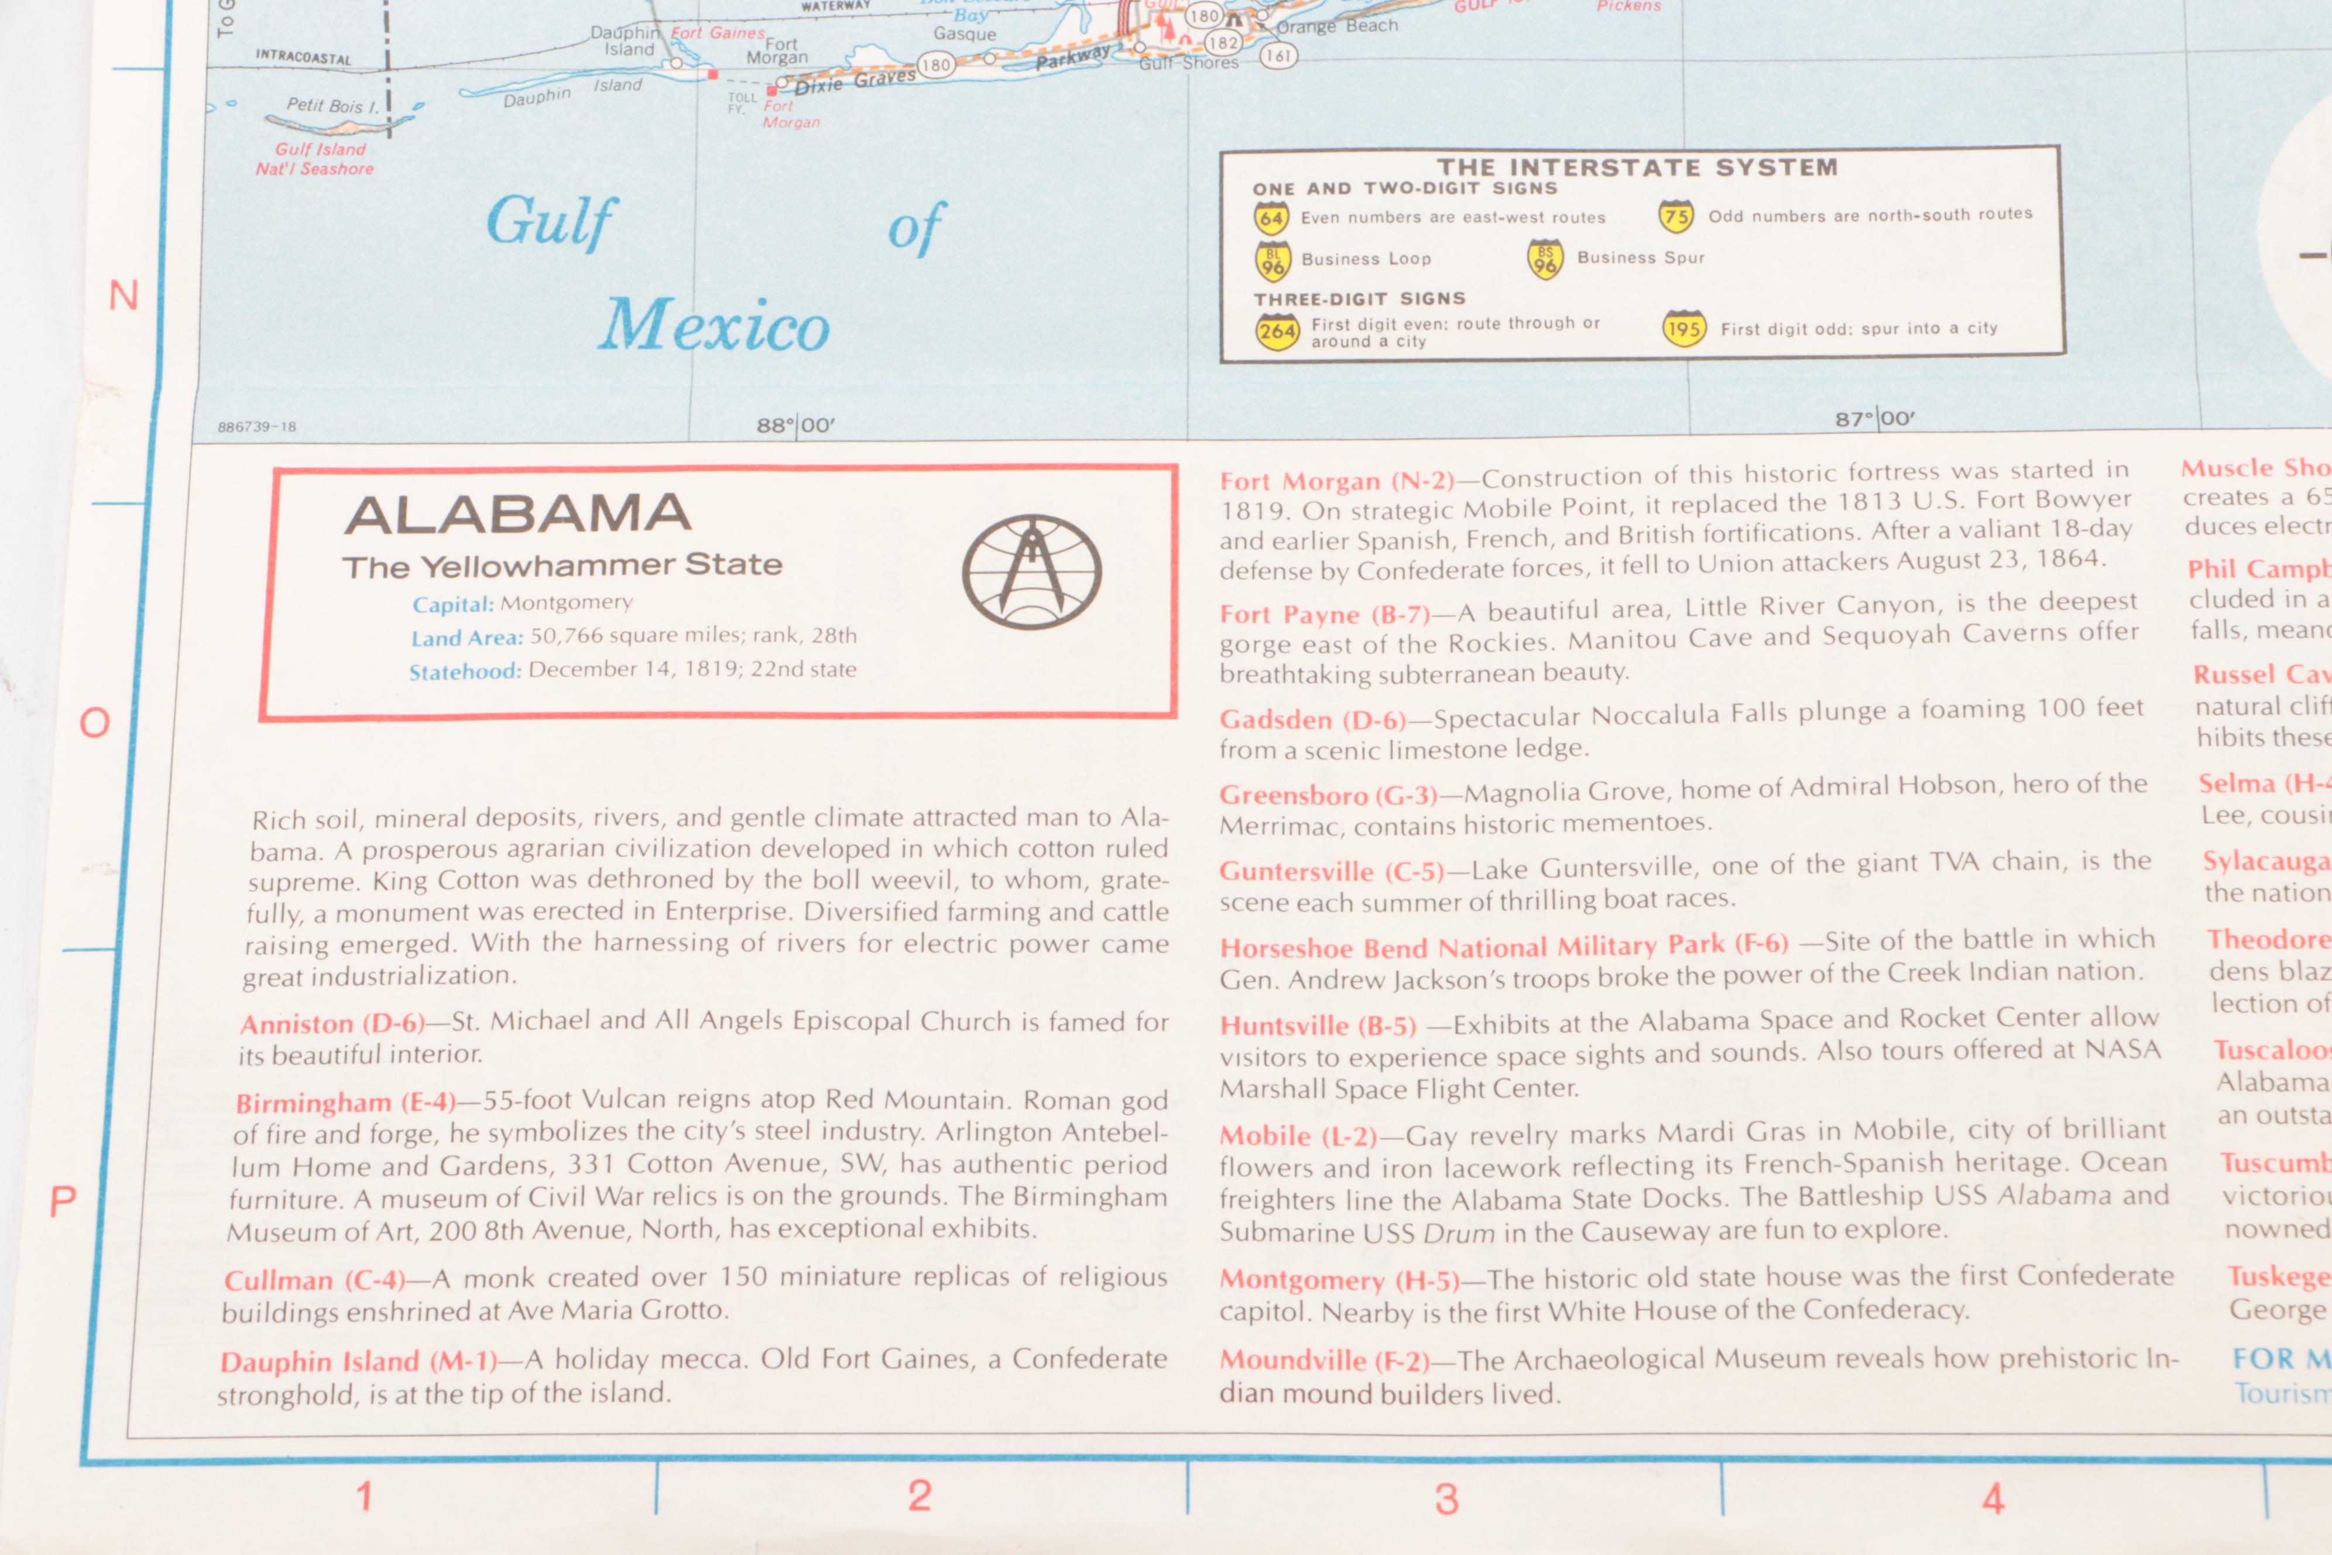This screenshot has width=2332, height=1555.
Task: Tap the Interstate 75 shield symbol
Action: point(1676,215)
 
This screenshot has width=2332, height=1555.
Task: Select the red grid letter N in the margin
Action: point(123,296)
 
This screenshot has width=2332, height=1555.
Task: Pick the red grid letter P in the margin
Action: point(63,1202)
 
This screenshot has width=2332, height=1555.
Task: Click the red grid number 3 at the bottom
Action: point(1446,1498)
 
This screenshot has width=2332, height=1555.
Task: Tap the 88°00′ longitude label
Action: point(795,426)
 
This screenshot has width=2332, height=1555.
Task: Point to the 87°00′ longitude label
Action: point(1874,419)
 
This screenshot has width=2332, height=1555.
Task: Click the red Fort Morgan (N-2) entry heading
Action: point(1336,482)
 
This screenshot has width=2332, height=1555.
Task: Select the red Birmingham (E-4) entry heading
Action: point(345,1103)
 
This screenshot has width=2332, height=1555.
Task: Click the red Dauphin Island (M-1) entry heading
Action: point(358,1362)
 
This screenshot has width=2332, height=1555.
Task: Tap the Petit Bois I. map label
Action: point(332,105)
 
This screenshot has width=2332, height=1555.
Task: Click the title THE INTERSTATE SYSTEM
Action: point(1637,167)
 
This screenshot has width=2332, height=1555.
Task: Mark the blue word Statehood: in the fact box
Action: point(465,672)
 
